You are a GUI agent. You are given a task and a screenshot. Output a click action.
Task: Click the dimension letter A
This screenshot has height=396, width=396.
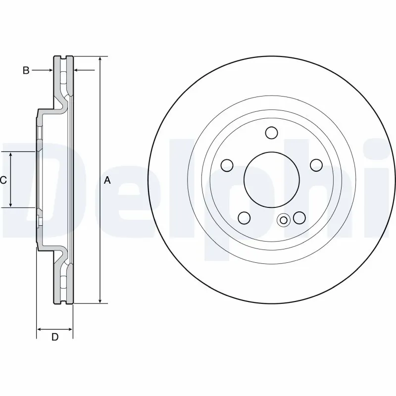107,181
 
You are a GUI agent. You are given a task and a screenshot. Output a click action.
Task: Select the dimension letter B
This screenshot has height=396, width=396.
26,70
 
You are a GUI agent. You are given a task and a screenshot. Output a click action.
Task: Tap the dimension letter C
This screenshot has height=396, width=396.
3,181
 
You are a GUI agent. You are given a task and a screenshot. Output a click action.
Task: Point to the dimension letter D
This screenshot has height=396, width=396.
55,337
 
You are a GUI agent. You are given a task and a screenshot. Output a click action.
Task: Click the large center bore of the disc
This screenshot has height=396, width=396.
271,179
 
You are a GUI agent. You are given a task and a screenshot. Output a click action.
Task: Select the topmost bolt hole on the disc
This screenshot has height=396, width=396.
271,133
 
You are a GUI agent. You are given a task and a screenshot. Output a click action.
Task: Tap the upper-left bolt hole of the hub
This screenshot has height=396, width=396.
227,165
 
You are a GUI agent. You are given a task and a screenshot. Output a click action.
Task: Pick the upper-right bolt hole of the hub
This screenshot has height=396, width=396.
315,165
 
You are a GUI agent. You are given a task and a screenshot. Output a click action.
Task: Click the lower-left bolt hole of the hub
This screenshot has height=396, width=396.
244,217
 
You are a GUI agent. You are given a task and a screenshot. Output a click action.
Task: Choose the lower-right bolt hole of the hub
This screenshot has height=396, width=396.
299,217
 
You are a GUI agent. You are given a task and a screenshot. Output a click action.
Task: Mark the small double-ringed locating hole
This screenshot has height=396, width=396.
284,220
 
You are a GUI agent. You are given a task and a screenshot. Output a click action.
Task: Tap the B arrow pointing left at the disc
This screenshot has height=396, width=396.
77,70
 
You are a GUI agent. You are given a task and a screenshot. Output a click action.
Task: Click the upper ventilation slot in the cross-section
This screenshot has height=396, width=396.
63,77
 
